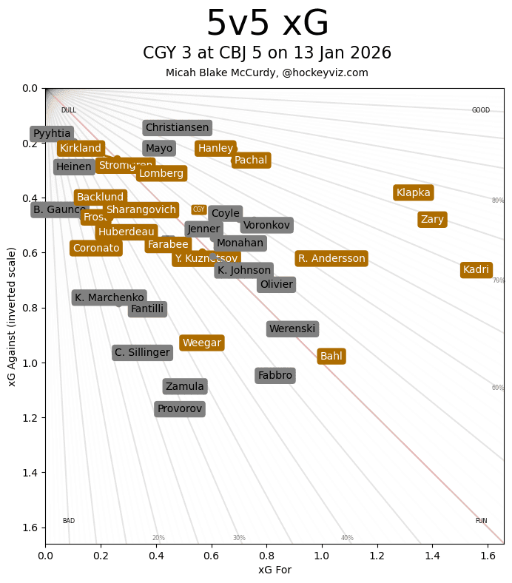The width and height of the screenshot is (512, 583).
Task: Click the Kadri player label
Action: pos(476,270)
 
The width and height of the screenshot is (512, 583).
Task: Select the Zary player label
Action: pos(432,220)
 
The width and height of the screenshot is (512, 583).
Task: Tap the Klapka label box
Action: pos(413,193)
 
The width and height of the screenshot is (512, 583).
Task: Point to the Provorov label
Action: pos(179,409)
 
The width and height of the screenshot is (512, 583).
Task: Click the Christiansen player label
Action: pos(177,128)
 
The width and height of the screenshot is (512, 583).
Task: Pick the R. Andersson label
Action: pos(331,258)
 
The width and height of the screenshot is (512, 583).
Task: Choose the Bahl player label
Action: pos(331,357)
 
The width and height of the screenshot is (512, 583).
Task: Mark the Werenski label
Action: pos(292,329)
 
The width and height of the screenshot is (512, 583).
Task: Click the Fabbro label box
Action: pos(275,376)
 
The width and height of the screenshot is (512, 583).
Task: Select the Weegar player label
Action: pos(202,343)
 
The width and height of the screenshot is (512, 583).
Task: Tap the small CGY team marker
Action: pos(199,210)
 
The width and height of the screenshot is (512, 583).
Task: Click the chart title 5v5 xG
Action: pos(267,24)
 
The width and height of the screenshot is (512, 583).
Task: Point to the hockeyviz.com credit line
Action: pos(267,73)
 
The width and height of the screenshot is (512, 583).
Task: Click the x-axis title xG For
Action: pos(274,570)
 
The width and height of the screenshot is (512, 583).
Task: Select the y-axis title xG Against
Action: pos(12,316)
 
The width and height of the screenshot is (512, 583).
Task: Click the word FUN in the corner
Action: pos(481,521)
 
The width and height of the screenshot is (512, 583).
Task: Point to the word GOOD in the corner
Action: pos(481,110)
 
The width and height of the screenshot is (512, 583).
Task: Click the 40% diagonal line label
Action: pos(347,538)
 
